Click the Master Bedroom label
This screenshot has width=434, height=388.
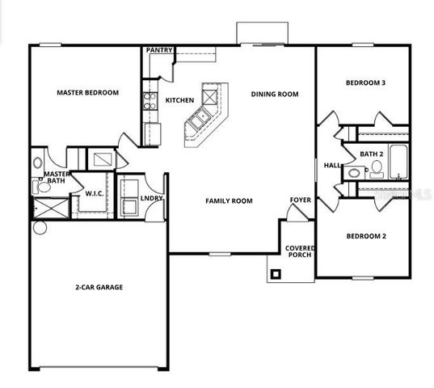click(x=87, y=93)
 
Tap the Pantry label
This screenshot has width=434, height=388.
click(x=159, y=50)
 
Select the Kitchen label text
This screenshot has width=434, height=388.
click(x=179, y=100)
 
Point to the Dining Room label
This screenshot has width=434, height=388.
click(x=274, y=95)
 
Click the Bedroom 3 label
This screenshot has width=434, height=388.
click(x=365, y=83)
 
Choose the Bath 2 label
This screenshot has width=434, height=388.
click(x=371, y=154)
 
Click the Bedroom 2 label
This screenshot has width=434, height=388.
click(x=365, y=236)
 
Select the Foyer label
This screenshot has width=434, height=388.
click(x=301, y=199)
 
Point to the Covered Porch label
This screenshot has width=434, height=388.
click(x=299, y=251)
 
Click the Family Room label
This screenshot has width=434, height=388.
click(x=229, y=200)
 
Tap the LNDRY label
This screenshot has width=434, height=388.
click(x=152, y=198)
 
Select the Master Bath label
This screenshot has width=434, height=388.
click(x=56, y=178)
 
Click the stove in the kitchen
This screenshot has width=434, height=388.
click(x=150, y=101)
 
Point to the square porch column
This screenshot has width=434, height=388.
click(x=276, y=274)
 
